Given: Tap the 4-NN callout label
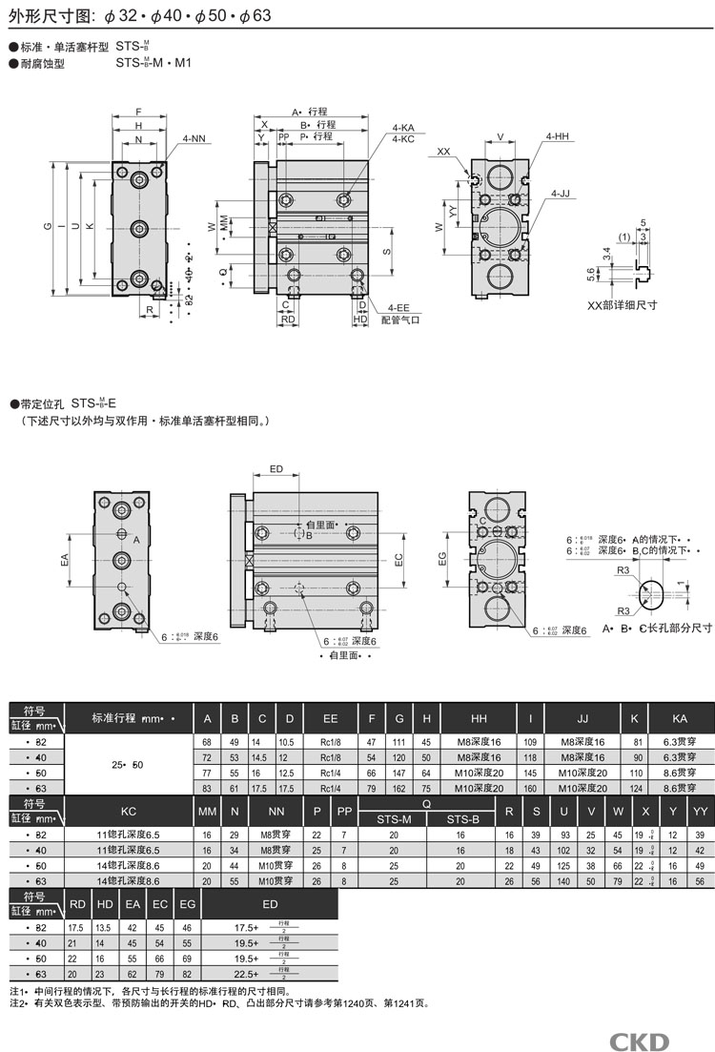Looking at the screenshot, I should (x=193, y=139).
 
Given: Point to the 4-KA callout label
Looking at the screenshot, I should (x=402, y=127).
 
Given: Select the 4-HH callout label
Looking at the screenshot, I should (x=558, y=137).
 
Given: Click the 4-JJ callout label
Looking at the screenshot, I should (x=561, y=194).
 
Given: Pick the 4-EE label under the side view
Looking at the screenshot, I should (x=398, y=307).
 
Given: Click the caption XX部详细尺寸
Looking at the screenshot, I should (x=623, y=305).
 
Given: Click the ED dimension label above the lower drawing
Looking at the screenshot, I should (x=276, y=469).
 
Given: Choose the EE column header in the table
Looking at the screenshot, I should (x=330, y=718).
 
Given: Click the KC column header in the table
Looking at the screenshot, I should (x=129, y=811).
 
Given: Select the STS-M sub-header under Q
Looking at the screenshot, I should (x=394, y=818).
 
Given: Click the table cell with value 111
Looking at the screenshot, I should (x=400, y=741).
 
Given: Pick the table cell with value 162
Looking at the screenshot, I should (x=400, y=788).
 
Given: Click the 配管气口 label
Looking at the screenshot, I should (x=400, y=320).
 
